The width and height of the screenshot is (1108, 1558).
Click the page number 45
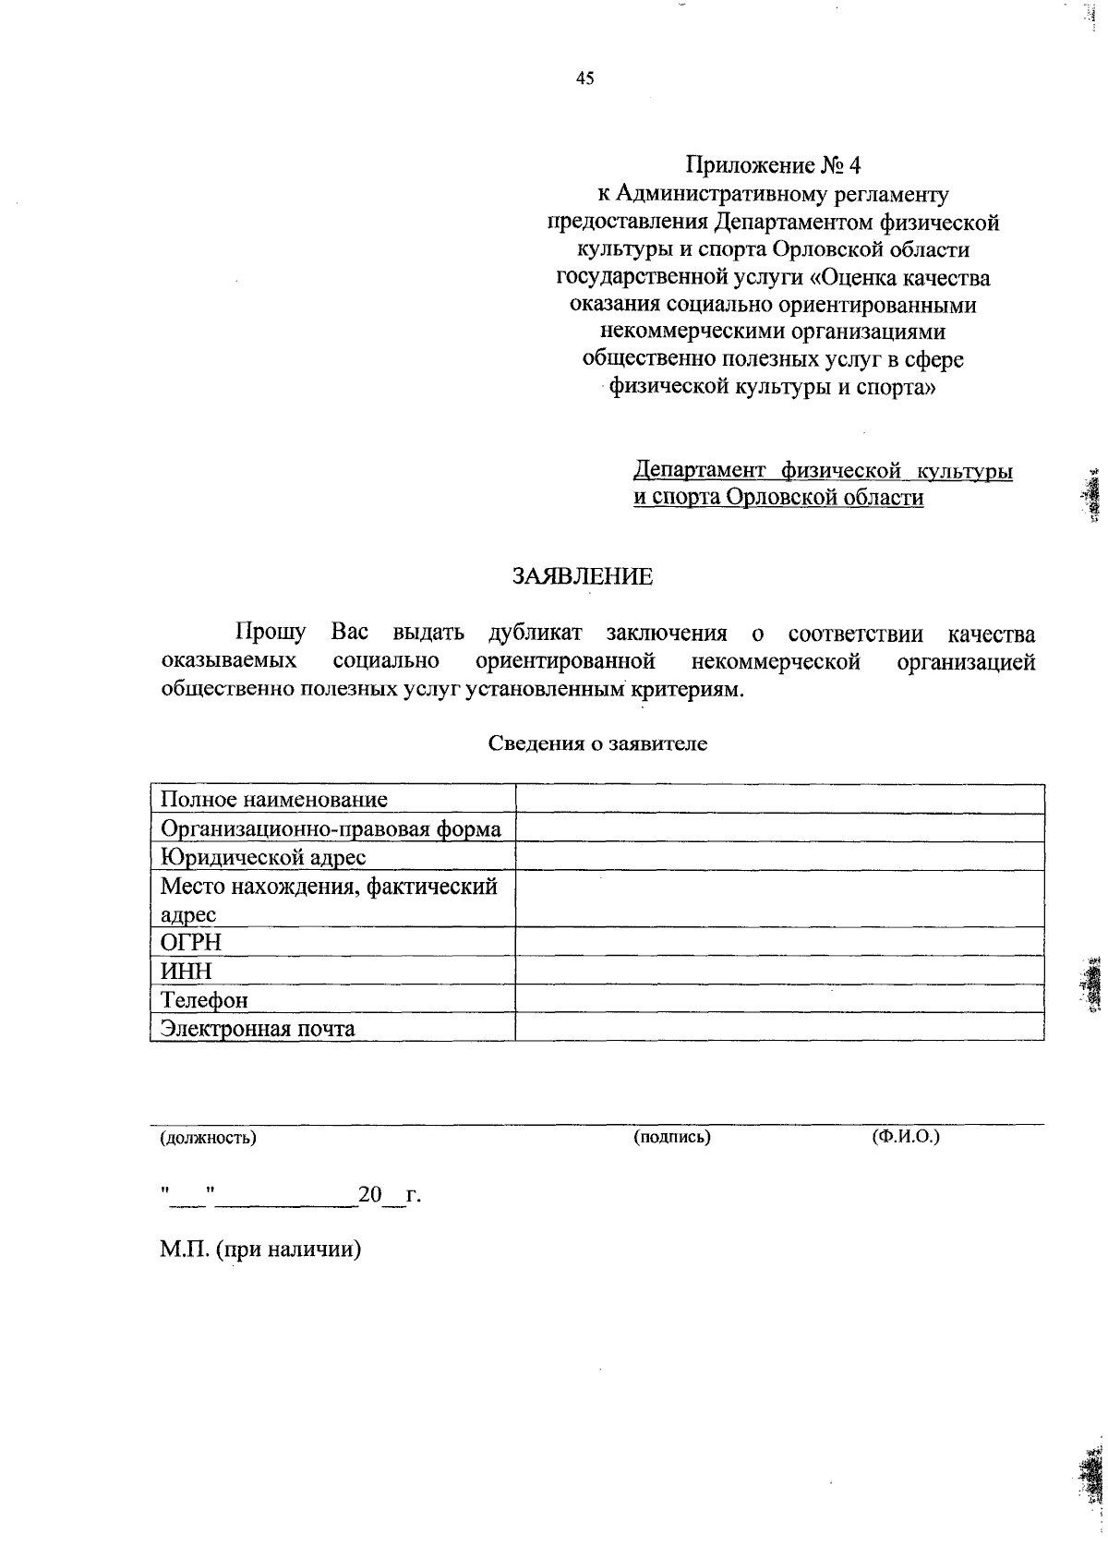(x=584, y=79)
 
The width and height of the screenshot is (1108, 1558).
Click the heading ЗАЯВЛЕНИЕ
(x=582, y=577)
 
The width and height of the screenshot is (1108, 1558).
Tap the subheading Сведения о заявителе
(x=597, y=743)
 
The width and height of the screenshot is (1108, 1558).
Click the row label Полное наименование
(x=274, y=800)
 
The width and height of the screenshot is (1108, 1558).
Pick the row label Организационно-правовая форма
(x=331, y=828)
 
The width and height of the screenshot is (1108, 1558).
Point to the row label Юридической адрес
(x=263, y=857)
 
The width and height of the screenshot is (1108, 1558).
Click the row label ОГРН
(x=191, y=943)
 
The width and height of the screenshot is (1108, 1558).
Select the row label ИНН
(x=187, y=972)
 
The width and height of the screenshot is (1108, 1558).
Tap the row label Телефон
(x=204, y=1000)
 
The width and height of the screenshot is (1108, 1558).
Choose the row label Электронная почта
(x=258, y=1029)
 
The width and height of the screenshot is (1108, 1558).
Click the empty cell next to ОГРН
(x=779, y=943)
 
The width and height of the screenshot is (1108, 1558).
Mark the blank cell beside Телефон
(x=779, y=1000)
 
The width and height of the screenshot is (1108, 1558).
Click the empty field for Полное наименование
(x=779, y=800)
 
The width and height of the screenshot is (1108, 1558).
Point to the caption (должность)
(x=208, y=1138)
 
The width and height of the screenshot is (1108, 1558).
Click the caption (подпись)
(x=672, y=1137)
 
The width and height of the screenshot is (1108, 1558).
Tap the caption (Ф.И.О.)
(x=906, y=1137)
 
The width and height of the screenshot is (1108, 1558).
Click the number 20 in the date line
(x=370, y=1194)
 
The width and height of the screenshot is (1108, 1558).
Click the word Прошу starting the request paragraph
(x=271, y=634)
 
